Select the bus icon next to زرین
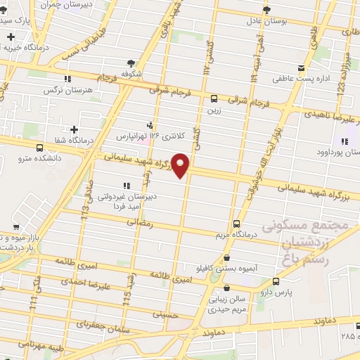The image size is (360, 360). click(214, 98)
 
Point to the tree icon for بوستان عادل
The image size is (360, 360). click(266, 9)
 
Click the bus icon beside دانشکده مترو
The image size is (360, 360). click(39, 148)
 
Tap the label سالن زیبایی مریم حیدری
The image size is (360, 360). click(233, 302)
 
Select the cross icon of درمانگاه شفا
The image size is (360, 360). click(74, 129)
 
